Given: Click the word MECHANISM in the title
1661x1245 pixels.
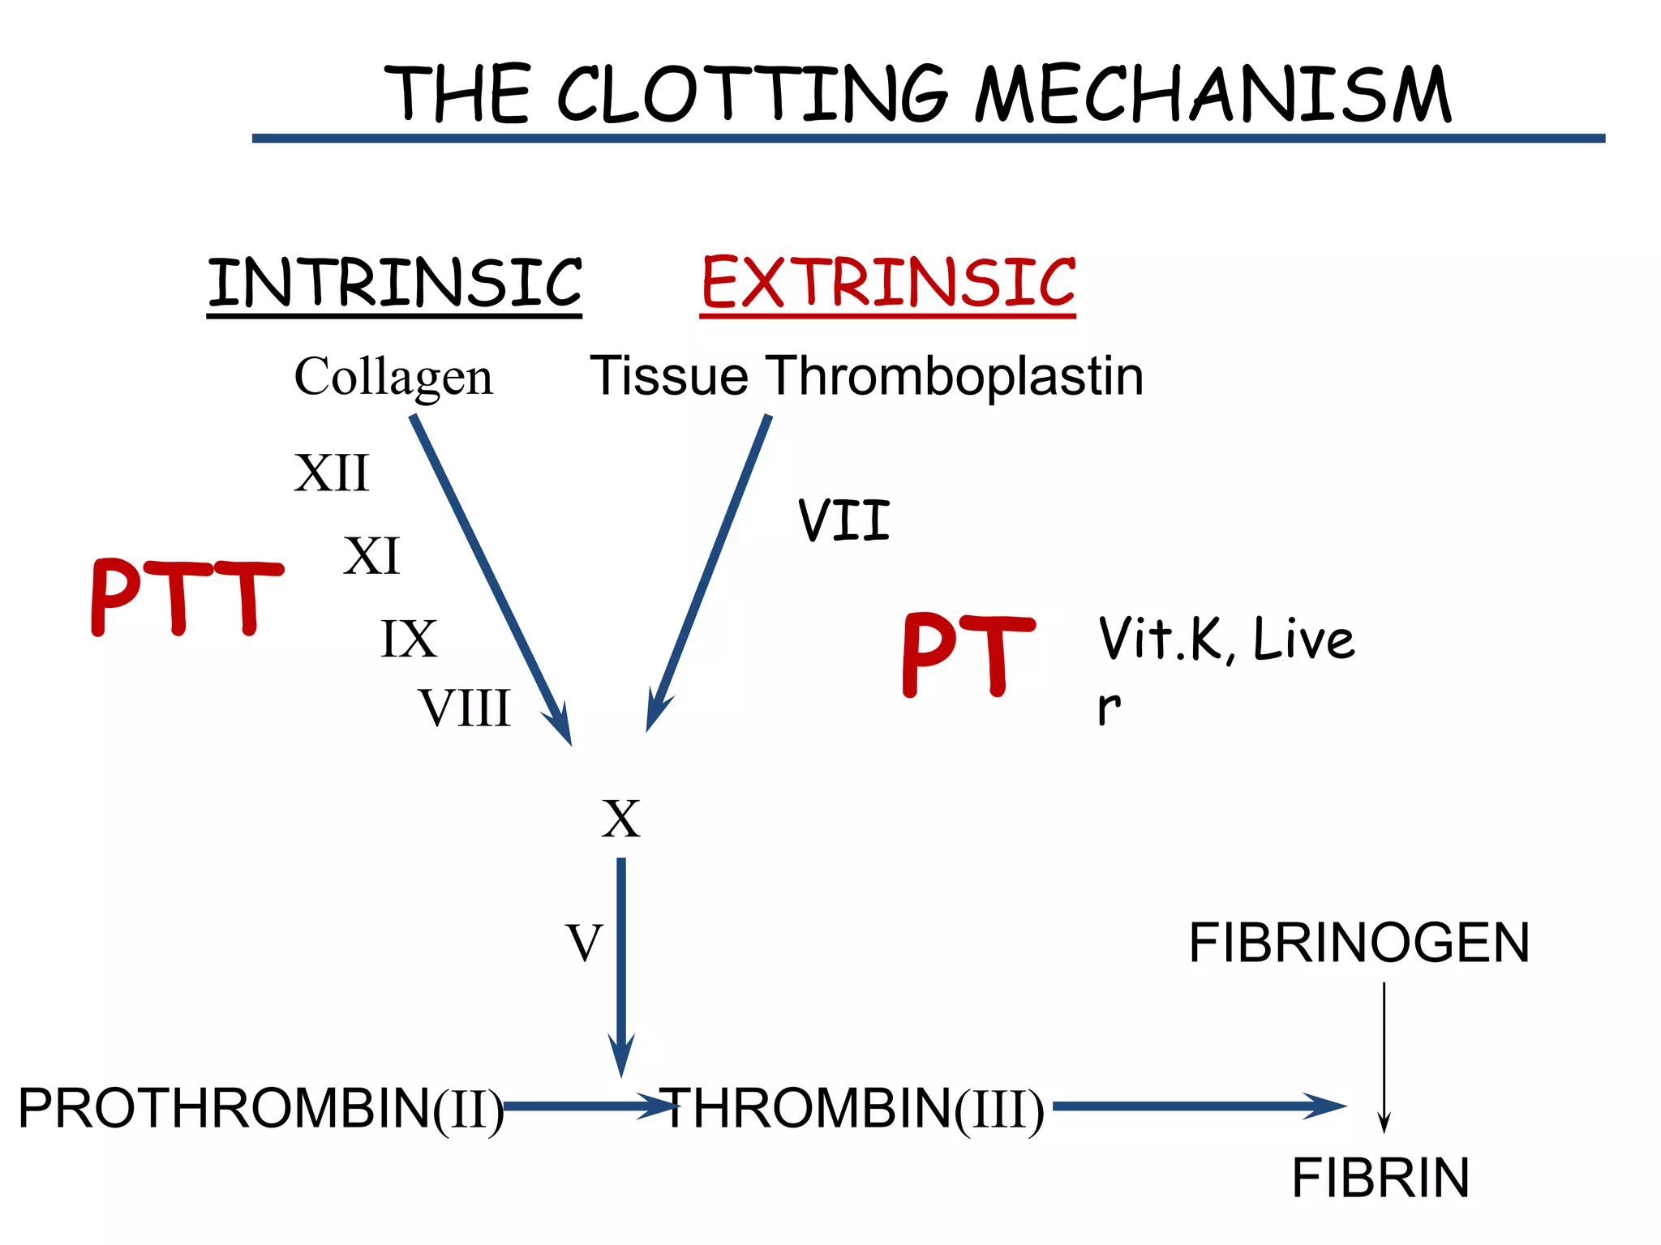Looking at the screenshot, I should [x=1212, y=96].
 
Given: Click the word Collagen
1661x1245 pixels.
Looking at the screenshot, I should [x=393, y=377].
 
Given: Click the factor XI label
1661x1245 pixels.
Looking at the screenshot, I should [x=371, y=556].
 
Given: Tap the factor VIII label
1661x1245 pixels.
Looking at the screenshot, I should [x=465, y=708].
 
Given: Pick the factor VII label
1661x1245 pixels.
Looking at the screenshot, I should [x=843, y=520].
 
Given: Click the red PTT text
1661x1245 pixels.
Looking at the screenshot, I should [x=187, y=597].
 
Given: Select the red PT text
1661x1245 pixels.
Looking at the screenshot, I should [x=968, y=655].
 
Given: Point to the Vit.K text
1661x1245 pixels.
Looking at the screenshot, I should [x=1165, y=639].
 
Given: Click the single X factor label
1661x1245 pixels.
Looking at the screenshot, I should [x=620, y=819].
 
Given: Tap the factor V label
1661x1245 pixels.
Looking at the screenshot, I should [x=584, y=943].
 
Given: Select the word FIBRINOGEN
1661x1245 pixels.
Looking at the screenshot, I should [x=1358, y=943].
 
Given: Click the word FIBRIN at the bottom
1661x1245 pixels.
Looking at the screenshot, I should [x=1380, y=1178].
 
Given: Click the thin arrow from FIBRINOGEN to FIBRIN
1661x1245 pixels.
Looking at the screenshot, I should [x=1384, y=1054].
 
